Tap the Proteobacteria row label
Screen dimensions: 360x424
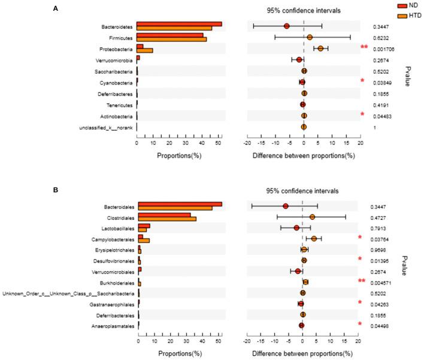point(116,49)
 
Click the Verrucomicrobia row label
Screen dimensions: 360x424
point(114,60)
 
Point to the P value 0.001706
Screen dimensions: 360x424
point(384,49)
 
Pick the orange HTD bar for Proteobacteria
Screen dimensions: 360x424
point(145,51)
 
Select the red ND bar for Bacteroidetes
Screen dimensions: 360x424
point(179,24)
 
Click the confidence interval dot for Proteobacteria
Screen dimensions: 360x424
point(320,49)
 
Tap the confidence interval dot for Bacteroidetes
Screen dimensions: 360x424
point(287,26)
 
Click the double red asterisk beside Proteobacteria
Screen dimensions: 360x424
point(364,47)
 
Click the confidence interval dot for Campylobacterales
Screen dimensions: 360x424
point(314,238)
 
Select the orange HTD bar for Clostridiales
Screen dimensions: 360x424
point(167,219)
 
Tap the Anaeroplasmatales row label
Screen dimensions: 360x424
point(112,326)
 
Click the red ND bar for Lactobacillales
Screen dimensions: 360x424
point(144,225)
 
